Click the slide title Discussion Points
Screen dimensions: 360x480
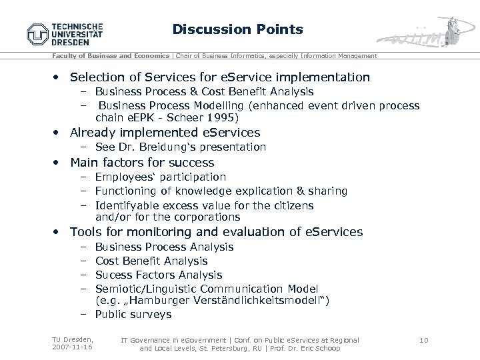(x=237, y=29)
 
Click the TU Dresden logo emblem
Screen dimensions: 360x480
(x=38, y=34)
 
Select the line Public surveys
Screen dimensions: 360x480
(x=133, y=314)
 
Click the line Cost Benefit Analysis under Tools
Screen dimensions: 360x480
(x=151, y=261)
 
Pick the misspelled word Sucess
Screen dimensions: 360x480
(x=113, y=275)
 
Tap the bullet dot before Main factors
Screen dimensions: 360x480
(x=59, y=163)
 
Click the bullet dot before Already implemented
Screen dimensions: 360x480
(x=59, y=133)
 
